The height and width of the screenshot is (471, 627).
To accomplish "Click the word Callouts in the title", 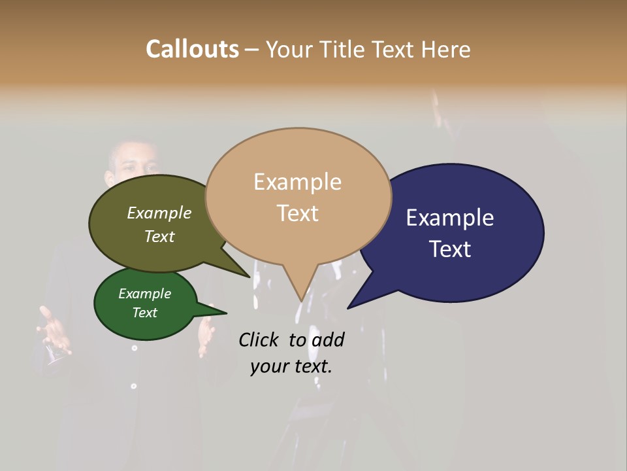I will pyautogui.click(x=192, y=49).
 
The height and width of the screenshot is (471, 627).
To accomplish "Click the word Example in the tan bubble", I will pyautogui.click(x=297, y=182).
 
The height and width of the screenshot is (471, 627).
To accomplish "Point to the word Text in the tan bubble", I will pyautogui.click(x=297, y=213).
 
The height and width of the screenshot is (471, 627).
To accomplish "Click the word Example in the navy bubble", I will pyautogui.click(x=449, y=217).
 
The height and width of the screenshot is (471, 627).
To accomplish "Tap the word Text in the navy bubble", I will pyautogui.click(x=451, y=249).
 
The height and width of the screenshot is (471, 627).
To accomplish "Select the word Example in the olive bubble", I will pyautogui.click(x=159, y=213).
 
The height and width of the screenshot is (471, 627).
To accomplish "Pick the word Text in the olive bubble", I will pyautogui.click(x=159, y=236).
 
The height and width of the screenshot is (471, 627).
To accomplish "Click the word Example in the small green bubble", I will pyautogui.click(x=144, y=294).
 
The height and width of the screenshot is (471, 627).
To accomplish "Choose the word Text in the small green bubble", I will pyautogui.click(x=144, y=312).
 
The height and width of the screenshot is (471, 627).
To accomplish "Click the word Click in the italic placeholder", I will pyautogui.click(x=260, y=340).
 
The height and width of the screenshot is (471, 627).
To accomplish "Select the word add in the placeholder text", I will pyautogui.click(x=327, y=340).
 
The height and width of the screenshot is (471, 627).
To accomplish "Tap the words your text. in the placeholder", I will pyautogui.click(x=291, y=366).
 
